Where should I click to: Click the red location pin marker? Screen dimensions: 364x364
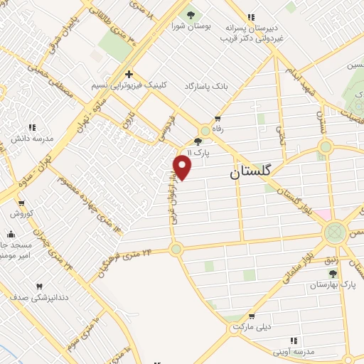click(x=183, y=167)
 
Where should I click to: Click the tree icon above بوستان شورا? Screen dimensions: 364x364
click(x=190, y=14)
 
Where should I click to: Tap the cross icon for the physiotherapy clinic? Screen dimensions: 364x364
click(x=129, y=74)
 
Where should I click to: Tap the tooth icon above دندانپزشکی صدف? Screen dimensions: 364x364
click(x=39, y=287)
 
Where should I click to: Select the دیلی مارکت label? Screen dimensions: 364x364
click(x=252, y=326)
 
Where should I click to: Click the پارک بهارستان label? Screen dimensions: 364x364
click(x=331, y=284)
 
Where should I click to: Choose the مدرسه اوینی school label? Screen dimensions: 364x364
click(x=294, y=351)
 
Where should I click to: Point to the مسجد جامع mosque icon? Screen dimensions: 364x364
click(x=11, y=234)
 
